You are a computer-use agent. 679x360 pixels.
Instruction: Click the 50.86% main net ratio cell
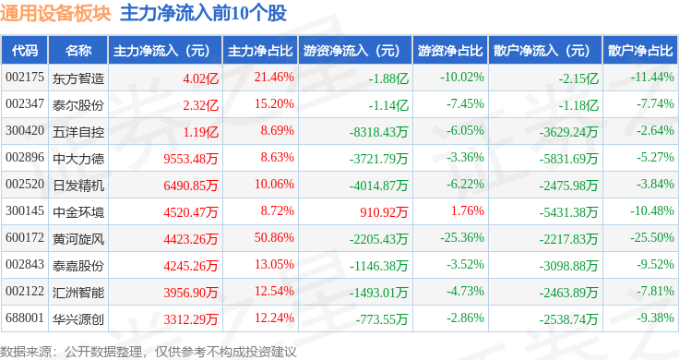[274, 238]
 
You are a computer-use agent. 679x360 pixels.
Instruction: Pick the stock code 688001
[24, 318]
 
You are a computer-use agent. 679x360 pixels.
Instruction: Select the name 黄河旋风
[78, 238]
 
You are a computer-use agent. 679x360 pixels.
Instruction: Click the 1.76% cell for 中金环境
[469, 211]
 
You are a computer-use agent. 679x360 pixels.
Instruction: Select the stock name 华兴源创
[78, 318]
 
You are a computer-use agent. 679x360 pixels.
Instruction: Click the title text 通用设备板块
[56, 14]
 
